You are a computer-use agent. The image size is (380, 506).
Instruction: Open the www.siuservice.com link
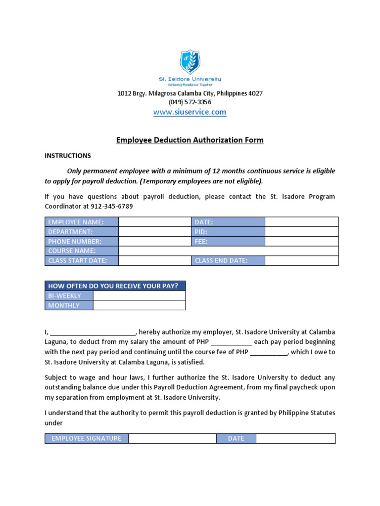tap(190, 112)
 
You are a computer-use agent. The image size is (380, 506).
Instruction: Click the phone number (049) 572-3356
tap(190, 102)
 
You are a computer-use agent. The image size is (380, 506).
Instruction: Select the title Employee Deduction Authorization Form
tap(190, 140)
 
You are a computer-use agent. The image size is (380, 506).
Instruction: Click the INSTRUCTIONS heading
tap(68, 156)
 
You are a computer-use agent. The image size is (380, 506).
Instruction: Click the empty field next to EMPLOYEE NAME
tap(154, 222)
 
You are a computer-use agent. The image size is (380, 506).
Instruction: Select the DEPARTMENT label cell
tap(82, 232)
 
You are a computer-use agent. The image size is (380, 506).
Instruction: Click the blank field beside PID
tap(301, 232)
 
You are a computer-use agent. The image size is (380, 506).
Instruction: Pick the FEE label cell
tap(228, 242)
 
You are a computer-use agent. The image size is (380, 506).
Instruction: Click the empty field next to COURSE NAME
tap(228, 251)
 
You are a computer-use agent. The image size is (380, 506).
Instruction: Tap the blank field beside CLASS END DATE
tap(301, 261)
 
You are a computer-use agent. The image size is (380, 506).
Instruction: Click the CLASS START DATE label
tap(82, 261)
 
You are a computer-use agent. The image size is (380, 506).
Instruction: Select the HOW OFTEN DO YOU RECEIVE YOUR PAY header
tap(115, 286)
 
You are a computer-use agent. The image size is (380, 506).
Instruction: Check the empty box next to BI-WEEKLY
tap(139, 295)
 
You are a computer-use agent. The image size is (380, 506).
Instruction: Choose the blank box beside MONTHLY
tap(139, 305)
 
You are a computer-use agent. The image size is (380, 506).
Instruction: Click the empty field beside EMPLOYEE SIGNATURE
tap(172, 438)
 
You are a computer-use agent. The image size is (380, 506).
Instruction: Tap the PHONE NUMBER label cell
tap(82, 242)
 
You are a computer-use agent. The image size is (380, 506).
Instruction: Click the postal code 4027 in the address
tap(255, 93)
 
